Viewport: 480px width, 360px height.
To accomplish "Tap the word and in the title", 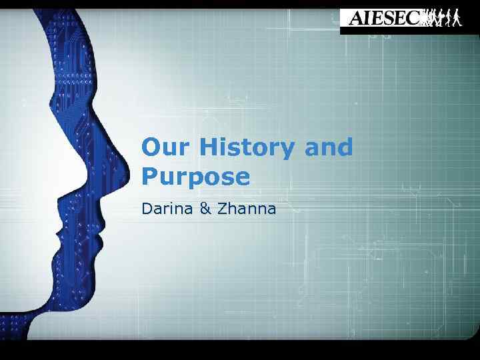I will pos(328,147).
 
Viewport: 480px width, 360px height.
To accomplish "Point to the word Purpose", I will pos(195,177).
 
